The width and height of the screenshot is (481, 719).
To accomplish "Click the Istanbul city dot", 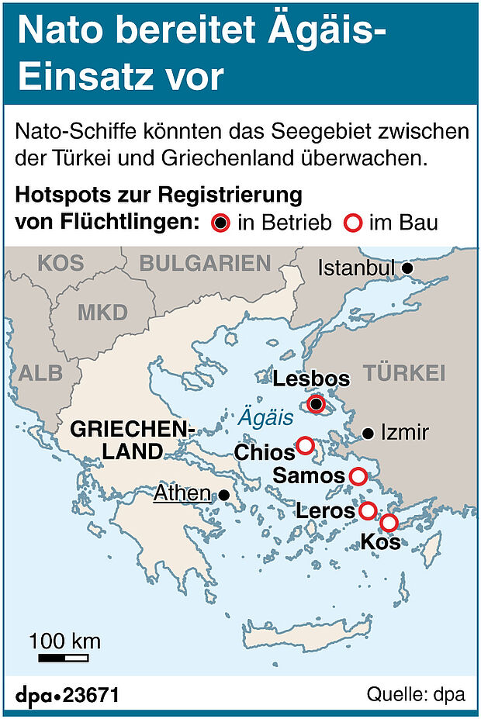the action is [408, 268].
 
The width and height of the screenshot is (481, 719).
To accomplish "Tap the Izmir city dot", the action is [369, 433].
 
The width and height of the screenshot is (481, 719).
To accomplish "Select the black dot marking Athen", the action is [224, 494].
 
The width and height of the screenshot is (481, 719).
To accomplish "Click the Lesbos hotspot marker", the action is [316, 403].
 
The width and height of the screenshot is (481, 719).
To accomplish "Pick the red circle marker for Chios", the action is [305, 445].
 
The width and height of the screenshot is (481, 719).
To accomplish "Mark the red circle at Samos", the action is [358, 476].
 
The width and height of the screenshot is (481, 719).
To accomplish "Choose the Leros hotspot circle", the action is [368, 510].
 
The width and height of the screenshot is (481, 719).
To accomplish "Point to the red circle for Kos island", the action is [389, 523].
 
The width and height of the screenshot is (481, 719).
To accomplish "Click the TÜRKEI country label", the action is [405, 372].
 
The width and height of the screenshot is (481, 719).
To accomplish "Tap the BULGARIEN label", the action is [205, 263].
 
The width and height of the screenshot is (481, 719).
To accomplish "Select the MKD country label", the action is [102, 312].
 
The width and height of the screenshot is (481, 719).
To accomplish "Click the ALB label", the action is [40, 372].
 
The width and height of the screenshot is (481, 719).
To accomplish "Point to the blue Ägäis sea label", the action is [265, 418].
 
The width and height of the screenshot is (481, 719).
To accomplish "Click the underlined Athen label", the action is [182, 493].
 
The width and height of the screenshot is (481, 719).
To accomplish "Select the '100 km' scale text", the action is [66, 641].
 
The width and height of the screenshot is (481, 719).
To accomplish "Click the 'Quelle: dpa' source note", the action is [416, 693].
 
